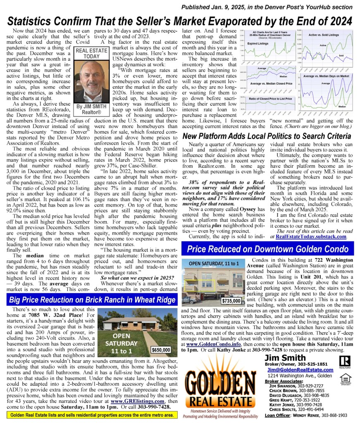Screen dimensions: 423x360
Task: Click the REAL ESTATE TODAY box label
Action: pos(90,53)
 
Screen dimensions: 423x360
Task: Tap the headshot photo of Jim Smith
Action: pos(90,81)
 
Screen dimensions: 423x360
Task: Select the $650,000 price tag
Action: pos(161,349)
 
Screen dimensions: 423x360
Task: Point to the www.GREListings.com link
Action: pos(141,401)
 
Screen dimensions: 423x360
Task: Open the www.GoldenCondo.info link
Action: pos(207,343)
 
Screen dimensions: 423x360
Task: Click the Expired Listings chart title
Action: pos(258,43)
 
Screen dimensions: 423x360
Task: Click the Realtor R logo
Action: pos(345,362)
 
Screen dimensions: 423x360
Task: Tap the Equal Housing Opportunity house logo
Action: pos(345,378)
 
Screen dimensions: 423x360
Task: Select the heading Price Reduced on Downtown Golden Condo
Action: pos(267,249)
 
